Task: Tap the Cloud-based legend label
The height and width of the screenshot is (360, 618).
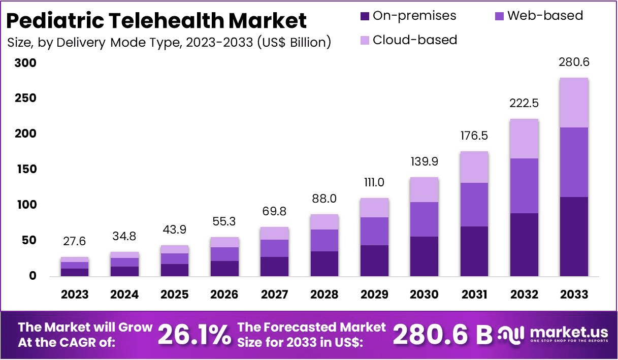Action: pyautogui.click(x=414, y=40)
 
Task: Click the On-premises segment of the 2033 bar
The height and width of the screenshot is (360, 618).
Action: pyautogui.click(x=574, y=236)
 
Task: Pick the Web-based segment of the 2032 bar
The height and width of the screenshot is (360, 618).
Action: pyautogui.click(x=524, y=186)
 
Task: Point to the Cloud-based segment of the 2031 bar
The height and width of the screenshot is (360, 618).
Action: pyautogui.click(x=474, y=167)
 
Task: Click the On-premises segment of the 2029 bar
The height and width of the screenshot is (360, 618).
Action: pyautogui.click(x=375, y=260)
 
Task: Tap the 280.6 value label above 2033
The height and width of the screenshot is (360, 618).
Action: pyautogui.click(x=574, y=62)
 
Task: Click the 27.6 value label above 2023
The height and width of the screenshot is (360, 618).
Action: pyautogui.click(x=75, y=240)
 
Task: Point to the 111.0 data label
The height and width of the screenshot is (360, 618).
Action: pyautogui.click(x=374, y=182)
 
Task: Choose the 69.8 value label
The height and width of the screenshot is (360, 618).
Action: pyautogui.click(x=275, y=210)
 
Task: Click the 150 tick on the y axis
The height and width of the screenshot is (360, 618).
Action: pyautogui.click(x=25, y=169)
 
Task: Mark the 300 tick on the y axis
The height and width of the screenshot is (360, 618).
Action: pyautogui.click(x=25, y=63)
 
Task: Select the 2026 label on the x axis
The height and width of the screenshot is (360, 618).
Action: pyautogui.click(x=224, y=294)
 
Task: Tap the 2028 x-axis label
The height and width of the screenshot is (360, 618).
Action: pyautogui.click(x=324, y=294)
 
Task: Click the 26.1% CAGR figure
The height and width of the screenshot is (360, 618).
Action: pyautogui.click(x=194, y=335)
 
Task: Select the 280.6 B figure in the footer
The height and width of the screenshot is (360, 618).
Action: pyautogui.click(x=443, y=335)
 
